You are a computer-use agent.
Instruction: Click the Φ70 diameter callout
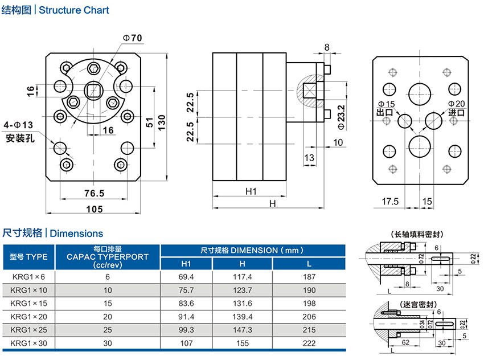pyautogui.click(x=132, y=38)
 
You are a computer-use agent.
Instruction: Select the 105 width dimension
pyautogui.click(x=95, y=208)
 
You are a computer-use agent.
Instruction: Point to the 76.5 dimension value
pyautogui.click(x=94, y=193)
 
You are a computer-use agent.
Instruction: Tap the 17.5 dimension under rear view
pyautogui.click(x=390, y=202)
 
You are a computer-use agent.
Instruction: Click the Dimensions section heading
pyautogui.click(x=81, y=233)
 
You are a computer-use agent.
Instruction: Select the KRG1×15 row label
pyautogui.click(x=28, y=303)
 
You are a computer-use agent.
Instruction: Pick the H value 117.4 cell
pyautogui.click(x=243, y=277)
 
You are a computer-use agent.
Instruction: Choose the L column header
pyautogui.click(x=309, y=264)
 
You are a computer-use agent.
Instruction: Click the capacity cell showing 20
pyautogui.click(x=108, y=316)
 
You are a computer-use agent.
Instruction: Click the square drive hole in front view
pyautogui.click(x=92, y=91)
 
